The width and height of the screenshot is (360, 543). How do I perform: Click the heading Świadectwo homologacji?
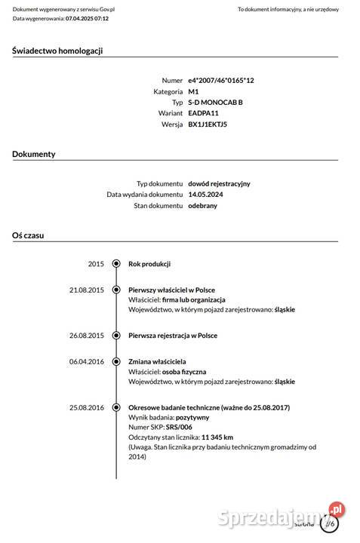57,51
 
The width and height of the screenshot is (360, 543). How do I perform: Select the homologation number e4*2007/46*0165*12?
221,80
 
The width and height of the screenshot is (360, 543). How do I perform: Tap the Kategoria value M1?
193,91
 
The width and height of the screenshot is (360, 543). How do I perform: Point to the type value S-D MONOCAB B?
215,102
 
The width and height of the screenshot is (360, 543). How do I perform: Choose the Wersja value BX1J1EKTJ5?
208,124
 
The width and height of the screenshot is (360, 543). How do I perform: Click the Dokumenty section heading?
34,154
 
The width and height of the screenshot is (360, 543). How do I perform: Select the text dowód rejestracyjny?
219,183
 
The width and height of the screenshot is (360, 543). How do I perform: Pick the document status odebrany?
202,205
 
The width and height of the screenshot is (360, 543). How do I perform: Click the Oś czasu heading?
28,235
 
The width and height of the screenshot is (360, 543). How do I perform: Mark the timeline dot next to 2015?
116,264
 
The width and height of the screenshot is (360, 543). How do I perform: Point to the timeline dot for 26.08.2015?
116,336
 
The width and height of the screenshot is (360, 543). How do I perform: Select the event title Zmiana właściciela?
157,362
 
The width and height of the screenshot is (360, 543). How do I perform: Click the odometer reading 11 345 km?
217,437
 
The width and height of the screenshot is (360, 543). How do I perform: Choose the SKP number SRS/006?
180,427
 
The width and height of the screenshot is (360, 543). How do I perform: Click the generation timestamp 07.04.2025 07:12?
87,18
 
